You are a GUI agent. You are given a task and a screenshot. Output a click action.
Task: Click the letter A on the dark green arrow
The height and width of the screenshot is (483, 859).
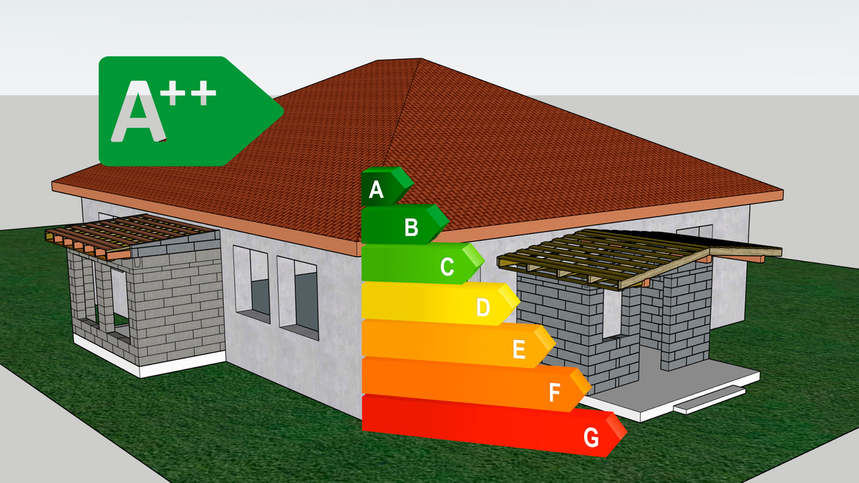tap(377, 190)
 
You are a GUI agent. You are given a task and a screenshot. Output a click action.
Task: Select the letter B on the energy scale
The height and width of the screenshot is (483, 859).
tap(411, 228)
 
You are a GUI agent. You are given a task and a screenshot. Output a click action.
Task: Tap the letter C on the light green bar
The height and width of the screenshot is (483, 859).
tap(447, 267)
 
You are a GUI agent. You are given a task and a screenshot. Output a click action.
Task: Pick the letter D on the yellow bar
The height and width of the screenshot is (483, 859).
tap(483, 308)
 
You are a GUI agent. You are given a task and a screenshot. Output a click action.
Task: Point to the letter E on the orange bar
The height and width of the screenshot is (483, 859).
tap(520, 350)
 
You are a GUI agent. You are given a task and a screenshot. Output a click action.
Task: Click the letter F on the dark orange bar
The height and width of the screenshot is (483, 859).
tap(555, 392)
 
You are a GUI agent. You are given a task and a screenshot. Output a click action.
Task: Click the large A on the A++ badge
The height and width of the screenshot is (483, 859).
tap(139, 112)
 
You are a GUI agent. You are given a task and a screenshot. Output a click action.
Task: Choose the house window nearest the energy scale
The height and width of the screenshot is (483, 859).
tap(298, 294)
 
